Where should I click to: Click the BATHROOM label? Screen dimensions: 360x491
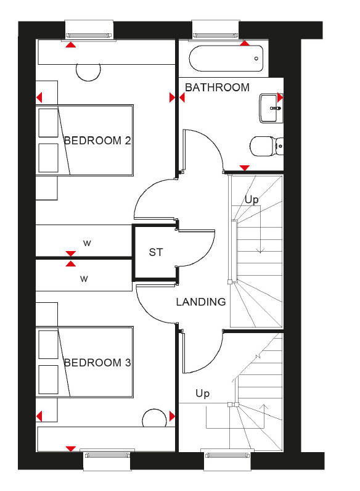217,88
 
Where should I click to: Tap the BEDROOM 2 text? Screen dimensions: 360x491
97,141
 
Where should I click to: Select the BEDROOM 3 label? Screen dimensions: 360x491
97,363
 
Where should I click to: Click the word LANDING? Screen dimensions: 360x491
201,302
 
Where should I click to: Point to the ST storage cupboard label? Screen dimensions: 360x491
156,252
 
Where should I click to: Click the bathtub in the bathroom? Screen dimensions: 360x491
226,59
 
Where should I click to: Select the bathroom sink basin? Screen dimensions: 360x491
271,109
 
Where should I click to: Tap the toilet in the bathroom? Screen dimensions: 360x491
267,146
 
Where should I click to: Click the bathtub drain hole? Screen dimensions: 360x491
256,59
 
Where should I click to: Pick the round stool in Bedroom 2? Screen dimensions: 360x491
88,72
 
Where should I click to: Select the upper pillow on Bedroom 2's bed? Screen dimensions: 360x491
48,123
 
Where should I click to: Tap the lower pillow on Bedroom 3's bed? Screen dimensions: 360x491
48,379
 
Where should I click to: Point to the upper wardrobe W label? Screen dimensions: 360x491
87,243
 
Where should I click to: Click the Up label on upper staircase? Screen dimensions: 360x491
252,200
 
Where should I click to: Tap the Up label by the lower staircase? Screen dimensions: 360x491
203,394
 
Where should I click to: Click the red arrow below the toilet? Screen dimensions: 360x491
245,168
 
